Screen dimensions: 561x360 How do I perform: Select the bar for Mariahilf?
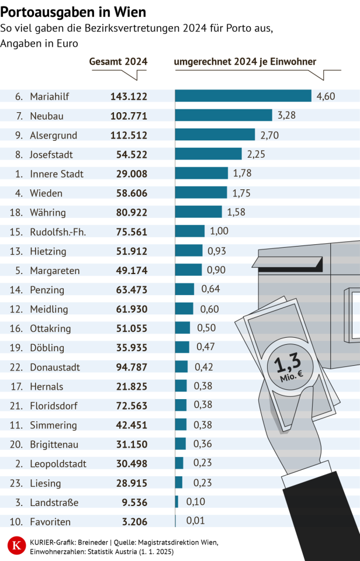point(243,96)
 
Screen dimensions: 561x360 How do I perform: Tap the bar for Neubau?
point(224,116)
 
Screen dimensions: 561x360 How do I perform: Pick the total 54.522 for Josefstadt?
point(129,154)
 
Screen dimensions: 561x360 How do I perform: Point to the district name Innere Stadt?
point(57,174)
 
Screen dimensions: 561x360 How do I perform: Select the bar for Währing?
point(199,212)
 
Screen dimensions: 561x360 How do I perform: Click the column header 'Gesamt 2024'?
point(118,62)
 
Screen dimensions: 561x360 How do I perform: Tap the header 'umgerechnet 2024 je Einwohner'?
point(245,62)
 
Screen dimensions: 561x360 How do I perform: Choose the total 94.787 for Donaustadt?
point(129,368)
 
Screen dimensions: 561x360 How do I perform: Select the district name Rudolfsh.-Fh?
point(58,232)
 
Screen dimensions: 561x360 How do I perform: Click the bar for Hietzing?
point(189,251)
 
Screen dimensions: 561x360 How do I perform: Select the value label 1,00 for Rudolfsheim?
point(219,231)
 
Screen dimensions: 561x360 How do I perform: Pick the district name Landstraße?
point(54,502)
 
